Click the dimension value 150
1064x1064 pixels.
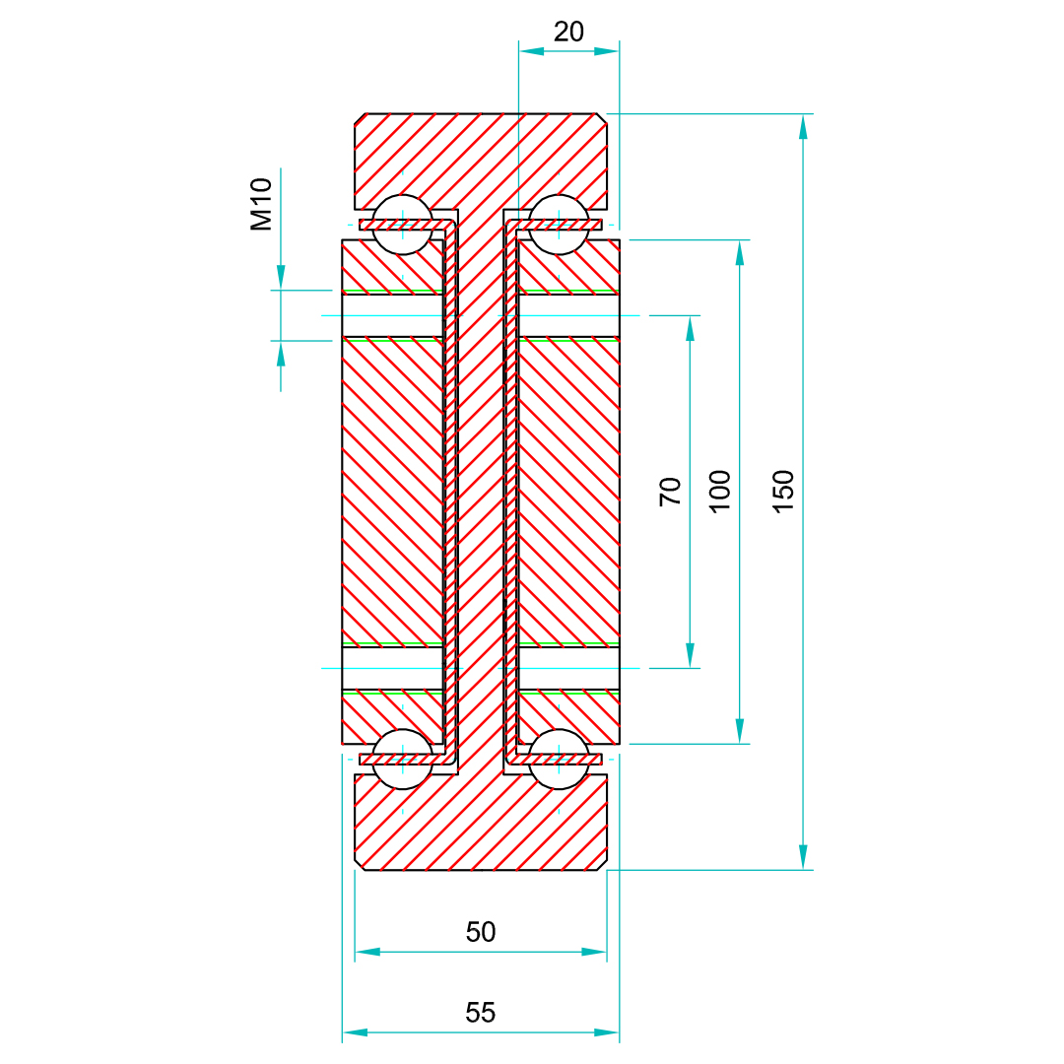tap(783, 491)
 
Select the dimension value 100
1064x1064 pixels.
tap(721, 491)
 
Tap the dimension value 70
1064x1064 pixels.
tap(671, 491)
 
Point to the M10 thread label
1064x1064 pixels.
tap(261, 205)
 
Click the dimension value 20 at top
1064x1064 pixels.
tap(568, 32)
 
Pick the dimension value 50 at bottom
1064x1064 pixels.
tap(481, 932)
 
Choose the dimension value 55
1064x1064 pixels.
tap(481, 1012)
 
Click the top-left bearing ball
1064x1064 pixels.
tap(402, 225)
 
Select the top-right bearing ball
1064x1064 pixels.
tap(559, 225)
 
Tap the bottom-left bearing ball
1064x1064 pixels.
tap(402, 759)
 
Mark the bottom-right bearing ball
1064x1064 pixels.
tap(559, 759)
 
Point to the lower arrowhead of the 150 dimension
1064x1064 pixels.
tap(803, 857)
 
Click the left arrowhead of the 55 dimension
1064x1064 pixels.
tap(355, 1032)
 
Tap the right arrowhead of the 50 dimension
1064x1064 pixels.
tap(594, 952)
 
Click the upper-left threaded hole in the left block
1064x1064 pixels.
tap(392, 315)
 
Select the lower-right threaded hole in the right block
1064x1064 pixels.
tap(569, 668)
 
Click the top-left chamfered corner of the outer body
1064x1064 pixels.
tap(361, 119)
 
